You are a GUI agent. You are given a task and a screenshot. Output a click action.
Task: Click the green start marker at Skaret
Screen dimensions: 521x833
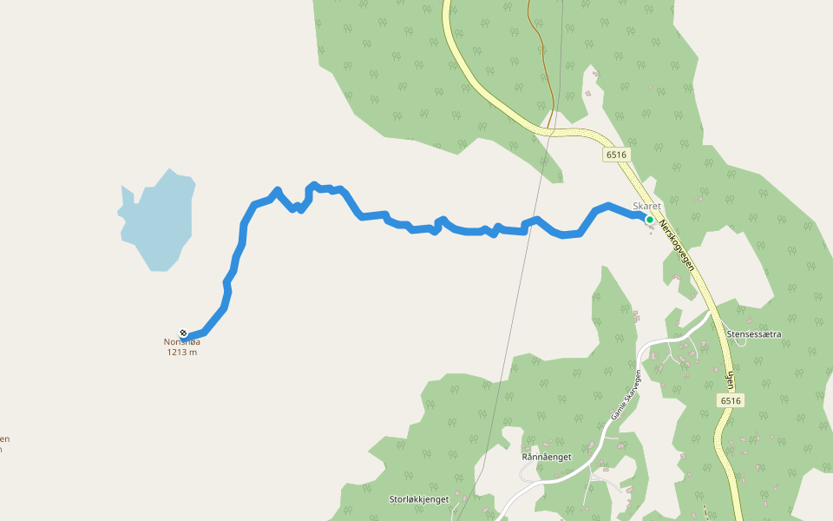(x=649, y=220)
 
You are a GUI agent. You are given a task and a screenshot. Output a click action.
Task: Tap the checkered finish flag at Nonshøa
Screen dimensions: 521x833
(x=183, y=333)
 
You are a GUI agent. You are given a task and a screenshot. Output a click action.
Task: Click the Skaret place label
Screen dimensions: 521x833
(x=646, y=206)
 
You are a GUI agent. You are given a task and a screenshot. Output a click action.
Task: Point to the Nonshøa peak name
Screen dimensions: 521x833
(x=182, y=342)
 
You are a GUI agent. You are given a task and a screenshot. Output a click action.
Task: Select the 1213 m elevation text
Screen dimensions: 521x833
(x=182, y=353)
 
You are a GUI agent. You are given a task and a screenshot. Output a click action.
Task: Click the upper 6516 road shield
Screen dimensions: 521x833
(x=615, y=155)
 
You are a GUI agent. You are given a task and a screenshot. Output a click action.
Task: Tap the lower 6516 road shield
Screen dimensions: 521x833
(x=731, y=400)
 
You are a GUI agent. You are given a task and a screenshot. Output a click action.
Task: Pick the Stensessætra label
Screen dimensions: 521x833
(x=754, y=333)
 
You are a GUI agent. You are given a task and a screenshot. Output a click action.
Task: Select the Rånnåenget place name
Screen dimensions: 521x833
(x=546, y=457)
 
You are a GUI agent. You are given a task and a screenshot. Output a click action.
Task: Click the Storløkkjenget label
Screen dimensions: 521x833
(x=418, y=499)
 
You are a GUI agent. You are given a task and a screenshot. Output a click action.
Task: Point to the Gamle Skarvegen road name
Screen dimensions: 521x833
(x=625, y=395)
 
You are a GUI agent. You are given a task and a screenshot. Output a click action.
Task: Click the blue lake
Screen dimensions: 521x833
(x=158, y=222)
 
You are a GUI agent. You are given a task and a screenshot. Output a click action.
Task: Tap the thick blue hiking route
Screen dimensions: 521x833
(x=469, y=231)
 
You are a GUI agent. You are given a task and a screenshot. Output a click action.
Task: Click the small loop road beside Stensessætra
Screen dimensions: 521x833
(x=740, y=341)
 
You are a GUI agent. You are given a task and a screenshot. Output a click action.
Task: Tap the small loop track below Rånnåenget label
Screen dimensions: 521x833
(x=527, y=472)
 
